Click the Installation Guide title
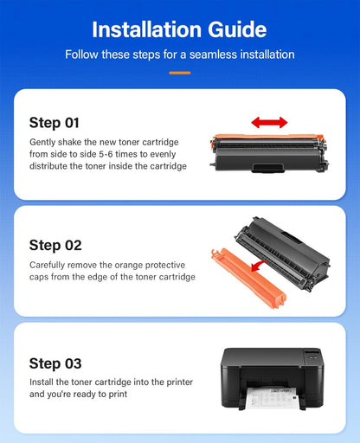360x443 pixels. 179,29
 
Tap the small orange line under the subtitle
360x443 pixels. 179,72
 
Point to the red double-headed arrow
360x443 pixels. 269,123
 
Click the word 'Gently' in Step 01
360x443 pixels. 44,142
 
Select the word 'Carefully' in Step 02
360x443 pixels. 49,264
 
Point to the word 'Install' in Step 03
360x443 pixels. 42,382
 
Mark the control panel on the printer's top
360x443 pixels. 311,354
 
